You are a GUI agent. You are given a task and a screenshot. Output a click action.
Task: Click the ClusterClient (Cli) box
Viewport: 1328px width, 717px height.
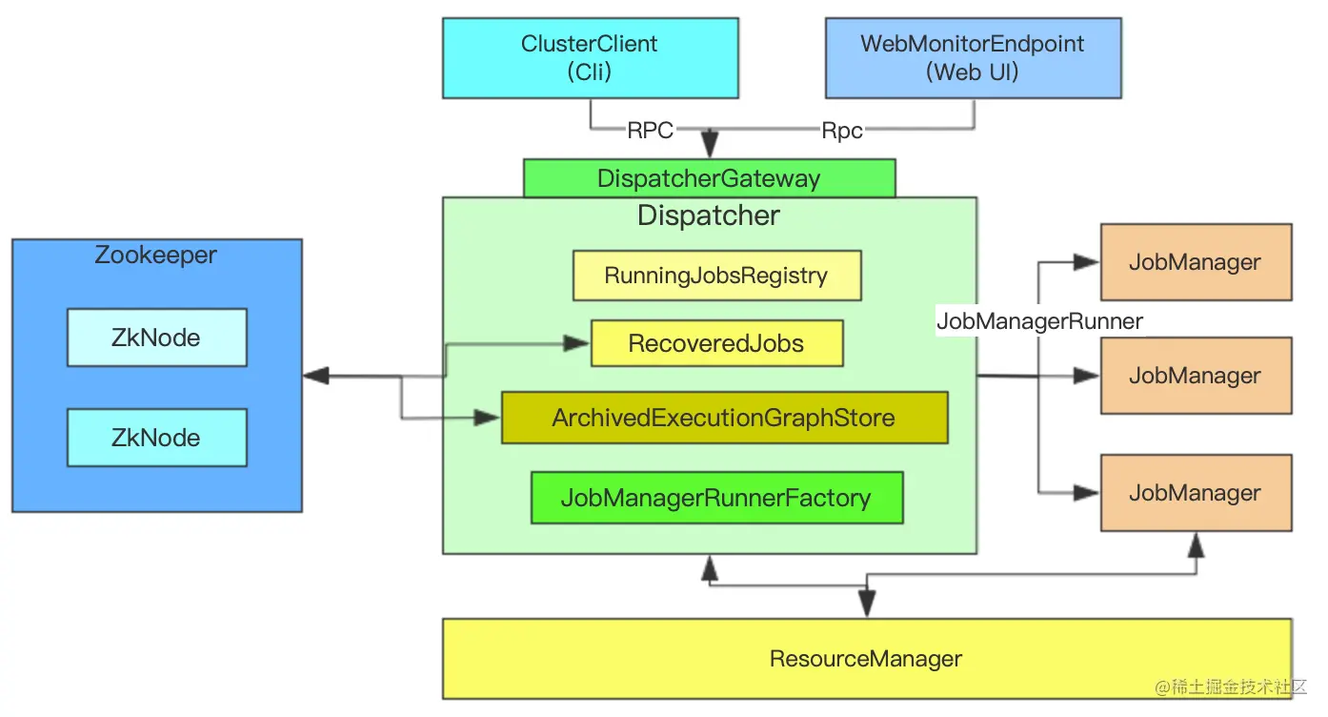pyautogui.click(x=590, y=57)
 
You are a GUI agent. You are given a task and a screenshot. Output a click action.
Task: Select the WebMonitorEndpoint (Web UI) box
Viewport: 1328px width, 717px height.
pyautogui.click(x=973, y=57)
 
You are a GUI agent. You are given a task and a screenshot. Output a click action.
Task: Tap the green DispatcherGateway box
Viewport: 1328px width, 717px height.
pyautogui.click(x=709, y=178)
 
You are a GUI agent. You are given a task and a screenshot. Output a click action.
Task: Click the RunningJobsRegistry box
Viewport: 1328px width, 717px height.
pyautogui.click(x=716, y=276)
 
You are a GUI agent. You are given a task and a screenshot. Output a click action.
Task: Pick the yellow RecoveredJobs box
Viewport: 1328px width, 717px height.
pyautogui.click(x=716, y=344)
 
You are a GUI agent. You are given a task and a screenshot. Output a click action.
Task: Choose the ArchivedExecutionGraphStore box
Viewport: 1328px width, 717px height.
pyautogui.click(x=724, y=418)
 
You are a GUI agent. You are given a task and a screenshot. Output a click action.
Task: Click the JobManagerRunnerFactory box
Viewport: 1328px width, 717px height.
pyautogui.click(x=716, y=498)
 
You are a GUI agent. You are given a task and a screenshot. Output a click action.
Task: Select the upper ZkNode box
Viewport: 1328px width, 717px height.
pyautogui.click(x=156, y=338)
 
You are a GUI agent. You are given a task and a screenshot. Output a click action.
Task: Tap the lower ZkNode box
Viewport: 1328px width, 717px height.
pyautogui.click(x=156, y=438)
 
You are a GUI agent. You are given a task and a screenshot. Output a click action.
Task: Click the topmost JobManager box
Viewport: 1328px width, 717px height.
pyautogui.click(x=1196, y=262)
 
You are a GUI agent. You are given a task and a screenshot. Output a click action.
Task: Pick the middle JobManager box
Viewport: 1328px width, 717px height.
pyautogui.click(x=1196, y=376)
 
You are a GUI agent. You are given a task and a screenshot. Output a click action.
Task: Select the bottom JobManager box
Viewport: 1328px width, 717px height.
pyautogui.click(x=1196, y=493)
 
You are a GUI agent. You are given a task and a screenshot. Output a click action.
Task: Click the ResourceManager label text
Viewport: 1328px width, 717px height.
pyautogui.click(x=866, y=659)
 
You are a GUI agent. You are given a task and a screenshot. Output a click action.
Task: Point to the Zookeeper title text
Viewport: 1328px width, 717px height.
pyautogui.click(x=156, y=256)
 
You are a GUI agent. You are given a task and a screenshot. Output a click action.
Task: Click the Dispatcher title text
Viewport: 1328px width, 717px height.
pyautogui.click(x=709, y=215)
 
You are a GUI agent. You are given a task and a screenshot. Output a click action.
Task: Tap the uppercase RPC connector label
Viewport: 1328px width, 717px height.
pyautogui.click(x=651, y=131)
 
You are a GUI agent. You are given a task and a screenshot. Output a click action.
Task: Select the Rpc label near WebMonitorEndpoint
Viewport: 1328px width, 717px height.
pyautogui.click(x=842, y=131)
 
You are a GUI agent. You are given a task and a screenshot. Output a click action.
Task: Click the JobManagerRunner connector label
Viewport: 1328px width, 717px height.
pyautogui.click(x=1039, y=321)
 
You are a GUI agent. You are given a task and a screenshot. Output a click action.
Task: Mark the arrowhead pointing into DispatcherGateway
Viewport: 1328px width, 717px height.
pyautogui.click(x=709, y=148)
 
